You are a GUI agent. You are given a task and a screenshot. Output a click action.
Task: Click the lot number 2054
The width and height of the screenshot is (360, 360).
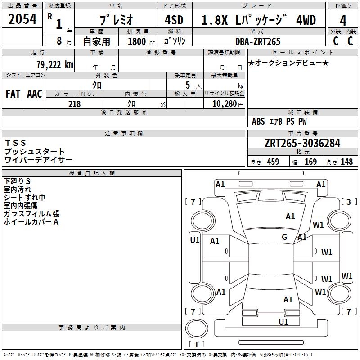tap(22, 19)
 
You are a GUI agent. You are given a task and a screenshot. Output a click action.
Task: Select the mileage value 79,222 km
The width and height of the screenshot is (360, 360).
tap(54, 64)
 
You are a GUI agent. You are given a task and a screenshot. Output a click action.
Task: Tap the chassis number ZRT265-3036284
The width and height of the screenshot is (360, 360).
tap(302, 143)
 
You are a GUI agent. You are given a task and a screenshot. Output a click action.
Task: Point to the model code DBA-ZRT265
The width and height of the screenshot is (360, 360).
tap(258, 41)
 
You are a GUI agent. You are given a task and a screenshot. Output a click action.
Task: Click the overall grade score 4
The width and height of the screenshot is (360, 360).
tap(343, 21)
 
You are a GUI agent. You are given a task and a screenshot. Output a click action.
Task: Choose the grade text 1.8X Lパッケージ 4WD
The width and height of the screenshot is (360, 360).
tap(258, 20)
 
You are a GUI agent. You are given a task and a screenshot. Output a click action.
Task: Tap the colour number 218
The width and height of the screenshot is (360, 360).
tap(74, 104)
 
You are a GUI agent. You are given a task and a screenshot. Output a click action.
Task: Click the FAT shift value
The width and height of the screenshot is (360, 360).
tap(13, 94)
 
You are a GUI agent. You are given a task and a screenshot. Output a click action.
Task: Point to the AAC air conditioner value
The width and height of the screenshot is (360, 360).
tap(35, 94)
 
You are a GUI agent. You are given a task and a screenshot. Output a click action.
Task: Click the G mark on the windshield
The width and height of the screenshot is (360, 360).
tap(284, 237)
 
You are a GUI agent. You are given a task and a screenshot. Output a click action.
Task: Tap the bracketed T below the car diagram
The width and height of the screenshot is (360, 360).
tap(196, 345)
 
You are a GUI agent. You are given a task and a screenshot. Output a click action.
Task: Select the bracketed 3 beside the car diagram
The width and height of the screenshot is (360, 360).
tap(348, 202)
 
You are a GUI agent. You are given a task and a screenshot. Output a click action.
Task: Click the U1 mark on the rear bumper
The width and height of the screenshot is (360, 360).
tap(283, 322)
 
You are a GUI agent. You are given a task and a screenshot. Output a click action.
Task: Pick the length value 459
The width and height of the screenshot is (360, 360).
tap(272, 162)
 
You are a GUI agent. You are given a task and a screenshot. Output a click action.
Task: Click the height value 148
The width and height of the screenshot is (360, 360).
tap(346, 162)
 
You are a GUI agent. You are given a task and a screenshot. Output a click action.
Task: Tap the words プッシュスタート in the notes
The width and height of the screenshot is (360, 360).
tap(35, 152)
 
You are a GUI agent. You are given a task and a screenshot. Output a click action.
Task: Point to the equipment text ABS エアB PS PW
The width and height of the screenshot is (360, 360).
tap(279, 121)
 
